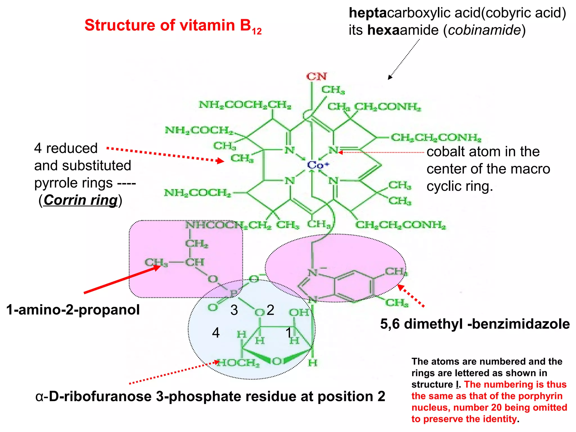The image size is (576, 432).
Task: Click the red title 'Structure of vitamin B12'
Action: [x=173, y=26]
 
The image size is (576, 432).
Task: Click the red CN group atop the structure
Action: [x=316, y=76]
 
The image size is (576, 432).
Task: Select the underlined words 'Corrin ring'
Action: [x=80, y=200]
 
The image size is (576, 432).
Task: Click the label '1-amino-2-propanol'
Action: [x=73, y=310]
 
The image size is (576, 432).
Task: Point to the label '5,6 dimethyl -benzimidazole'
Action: [x=475, y=324]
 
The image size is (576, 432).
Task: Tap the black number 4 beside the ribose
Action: [x=216, y=333]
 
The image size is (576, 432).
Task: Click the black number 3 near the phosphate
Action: [x=234, y=310]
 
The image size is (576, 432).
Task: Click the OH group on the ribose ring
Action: [x=299, y=312]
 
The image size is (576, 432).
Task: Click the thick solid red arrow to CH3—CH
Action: [x=121, y=280]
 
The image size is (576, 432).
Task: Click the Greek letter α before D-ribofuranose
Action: [x=39, y=397]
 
